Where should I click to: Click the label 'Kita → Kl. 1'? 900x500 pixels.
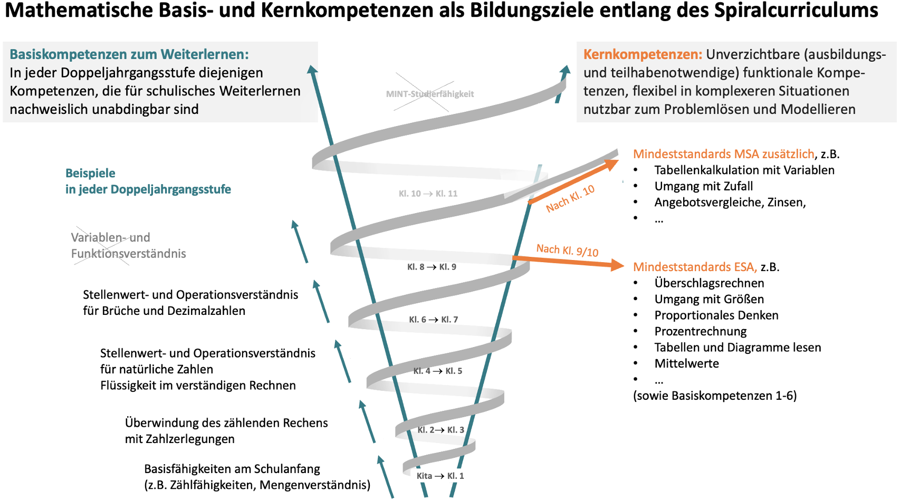click(440, 476)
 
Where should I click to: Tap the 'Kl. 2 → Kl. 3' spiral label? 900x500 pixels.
click(441, 430)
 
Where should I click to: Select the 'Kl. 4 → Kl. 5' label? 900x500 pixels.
click(437, 371)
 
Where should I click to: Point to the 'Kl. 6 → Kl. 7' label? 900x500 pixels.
click(433, 320)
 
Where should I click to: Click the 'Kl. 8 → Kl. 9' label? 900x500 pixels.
click(432, 267)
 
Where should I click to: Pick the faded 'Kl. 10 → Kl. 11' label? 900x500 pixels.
click(428, 194)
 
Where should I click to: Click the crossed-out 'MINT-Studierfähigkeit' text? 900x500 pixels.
click(429, 94)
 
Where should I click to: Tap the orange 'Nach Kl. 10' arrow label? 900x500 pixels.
click(570, 198)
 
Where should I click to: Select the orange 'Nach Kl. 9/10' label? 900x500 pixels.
click(567, 250)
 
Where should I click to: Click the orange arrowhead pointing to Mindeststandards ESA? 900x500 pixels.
click(617, 265)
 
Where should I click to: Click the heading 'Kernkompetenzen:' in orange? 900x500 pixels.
click(643, 54)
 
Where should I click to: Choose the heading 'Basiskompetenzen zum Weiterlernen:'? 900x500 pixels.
click(129, 54)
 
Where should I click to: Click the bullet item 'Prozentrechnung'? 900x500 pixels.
click(700, 331)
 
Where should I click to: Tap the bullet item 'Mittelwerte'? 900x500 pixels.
click(686, 363)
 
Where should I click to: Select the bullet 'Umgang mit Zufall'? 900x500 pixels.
click(703, 186)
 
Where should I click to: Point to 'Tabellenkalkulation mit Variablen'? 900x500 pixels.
click(744, 170)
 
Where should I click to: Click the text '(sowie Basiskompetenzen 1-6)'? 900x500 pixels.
click(715, 396)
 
